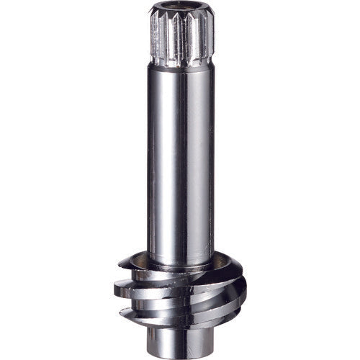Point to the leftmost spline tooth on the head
click(153, 36)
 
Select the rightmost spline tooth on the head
click(210, 36)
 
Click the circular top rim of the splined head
click(181, 5)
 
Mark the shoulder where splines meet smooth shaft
click(181, 66)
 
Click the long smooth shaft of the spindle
click(181, 158)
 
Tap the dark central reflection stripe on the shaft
click(189, 158)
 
